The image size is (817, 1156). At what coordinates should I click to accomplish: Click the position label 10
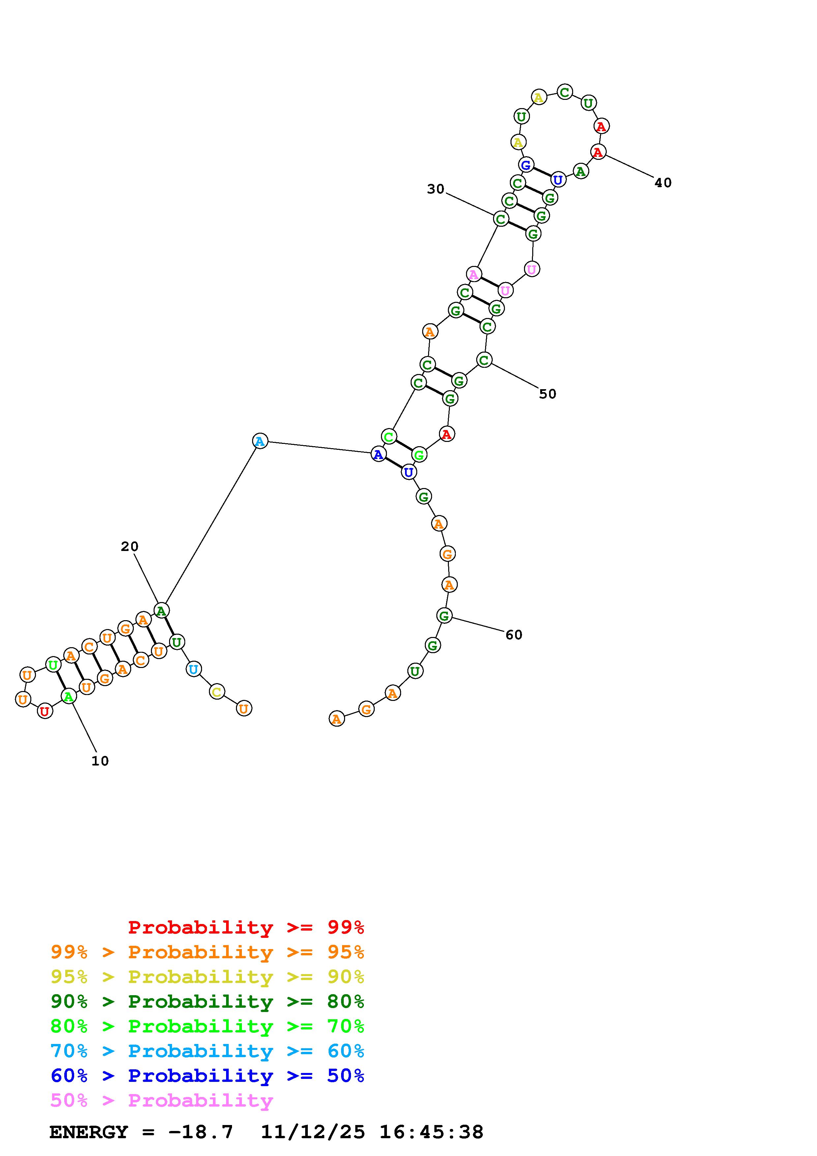point(100,761)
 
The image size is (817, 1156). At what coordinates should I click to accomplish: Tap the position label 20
point(130,546)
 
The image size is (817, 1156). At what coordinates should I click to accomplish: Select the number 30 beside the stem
point(436,189)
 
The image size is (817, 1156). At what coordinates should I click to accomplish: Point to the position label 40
point(663,183)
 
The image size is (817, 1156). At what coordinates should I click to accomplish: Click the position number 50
point(548,394)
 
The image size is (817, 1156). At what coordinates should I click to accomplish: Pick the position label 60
point(514,635)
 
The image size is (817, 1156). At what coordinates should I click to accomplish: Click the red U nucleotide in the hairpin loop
point(45,711)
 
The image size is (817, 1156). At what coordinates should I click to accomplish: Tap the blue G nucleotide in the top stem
point(526,165)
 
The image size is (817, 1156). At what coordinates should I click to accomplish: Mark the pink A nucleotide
point(474,275)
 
